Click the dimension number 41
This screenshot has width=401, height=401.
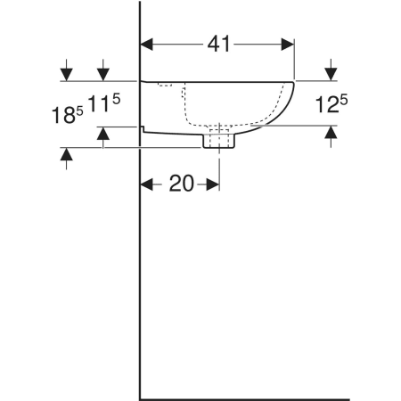(218, 44)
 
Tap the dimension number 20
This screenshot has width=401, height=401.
(182, 184)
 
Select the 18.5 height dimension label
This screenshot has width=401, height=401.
(68, 115)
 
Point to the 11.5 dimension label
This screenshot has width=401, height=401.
(104, 102)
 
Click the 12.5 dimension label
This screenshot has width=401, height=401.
(331, 103)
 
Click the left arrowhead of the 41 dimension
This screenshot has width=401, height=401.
(146, 45)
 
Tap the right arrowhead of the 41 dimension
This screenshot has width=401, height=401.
(288, 45)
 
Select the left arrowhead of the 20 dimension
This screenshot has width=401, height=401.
(146, 184)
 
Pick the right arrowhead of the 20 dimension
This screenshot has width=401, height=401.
(213, 184)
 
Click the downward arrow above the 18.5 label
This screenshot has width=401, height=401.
(67, 70)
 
